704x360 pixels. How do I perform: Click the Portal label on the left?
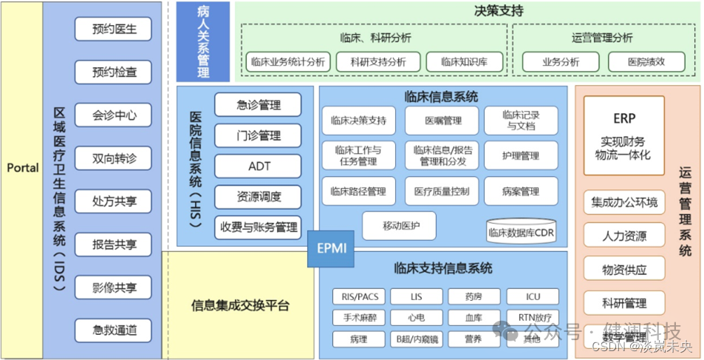click(x=22, y=168)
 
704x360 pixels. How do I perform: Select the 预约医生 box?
click(x=114, y=29)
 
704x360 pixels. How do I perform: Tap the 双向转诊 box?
click(x=114, y=158)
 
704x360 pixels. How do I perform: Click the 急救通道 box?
click(x=114, y=330)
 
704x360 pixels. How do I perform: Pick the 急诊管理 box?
click(x=258, y=104)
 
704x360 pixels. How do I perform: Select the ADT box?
click(x=258, y=166)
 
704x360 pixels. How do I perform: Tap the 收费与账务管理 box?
click(x=258, y=228)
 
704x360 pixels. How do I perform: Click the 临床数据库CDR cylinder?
click(x=521, y=232)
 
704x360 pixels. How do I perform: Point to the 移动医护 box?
click(x=399, y=225)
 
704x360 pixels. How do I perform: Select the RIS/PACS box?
click(x=358, y=297)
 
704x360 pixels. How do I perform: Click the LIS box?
click(x=417, y=297)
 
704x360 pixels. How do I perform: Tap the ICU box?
click(x=533, y=297)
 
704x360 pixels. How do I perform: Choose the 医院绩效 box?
click(x=646, y=62)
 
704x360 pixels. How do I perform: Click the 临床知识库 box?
click(x=464, y=62)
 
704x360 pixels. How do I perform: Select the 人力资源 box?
click(x=624, y=236)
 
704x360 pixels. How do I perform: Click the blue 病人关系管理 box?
click(x=203, y=41)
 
